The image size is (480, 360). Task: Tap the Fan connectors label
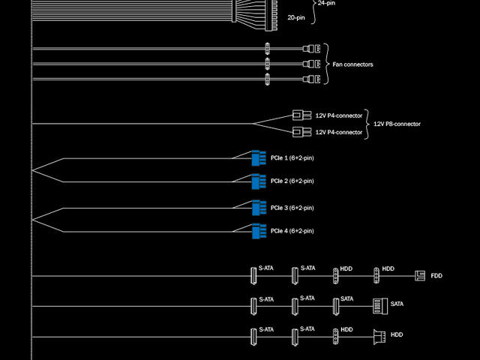(x=352, y=64)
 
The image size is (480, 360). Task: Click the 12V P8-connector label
(x=397, y=124)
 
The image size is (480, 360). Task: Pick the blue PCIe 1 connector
(x=259, y=159)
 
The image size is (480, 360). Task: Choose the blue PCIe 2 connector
(x=259, y=181)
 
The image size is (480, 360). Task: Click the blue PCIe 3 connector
(x=259, y=208)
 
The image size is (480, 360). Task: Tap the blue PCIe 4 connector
(x=259, y=230)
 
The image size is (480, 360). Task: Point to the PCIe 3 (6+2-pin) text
(x=292, y=208)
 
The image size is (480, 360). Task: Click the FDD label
(x=436, y=276)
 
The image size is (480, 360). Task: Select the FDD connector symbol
(x=418, y=276)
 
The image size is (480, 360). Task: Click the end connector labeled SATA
(x=379, y=304)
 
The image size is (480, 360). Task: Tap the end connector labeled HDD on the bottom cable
(x=379, y=334)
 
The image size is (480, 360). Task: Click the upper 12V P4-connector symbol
(x=301, y=115)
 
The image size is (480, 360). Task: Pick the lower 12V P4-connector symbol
(x=301, y=132)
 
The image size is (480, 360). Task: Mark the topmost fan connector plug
(x=311, y=50)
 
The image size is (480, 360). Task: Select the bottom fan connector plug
(x=311, y=79)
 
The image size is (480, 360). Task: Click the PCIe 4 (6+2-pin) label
(x=292, y=230)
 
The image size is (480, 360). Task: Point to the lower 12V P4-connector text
(x=338, y=132)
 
